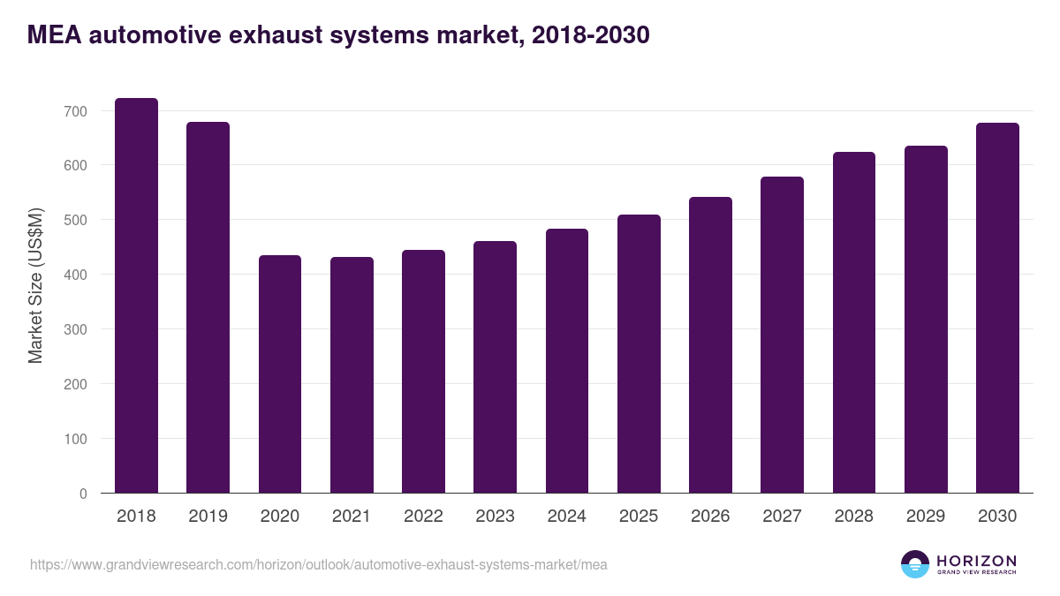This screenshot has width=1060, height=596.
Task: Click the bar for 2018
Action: [x=137, y=296]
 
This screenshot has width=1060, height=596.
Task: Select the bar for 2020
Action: [x=280, y=374]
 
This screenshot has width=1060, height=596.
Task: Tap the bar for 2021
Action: [x=352, y=375]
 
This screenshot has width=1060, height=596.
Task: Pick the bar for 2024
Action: [x=567, y=361]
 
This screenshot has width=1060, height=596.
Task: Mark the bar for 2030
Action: [x=997, y=308]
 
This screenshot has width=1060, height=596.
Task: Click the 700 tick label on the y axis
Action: [x=75, y=111]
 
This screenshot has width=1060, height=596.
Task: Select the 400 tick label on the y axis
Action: [x=75, y=275]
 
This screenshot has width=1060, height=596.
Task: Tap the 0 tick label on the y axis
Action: [x=83, y=494]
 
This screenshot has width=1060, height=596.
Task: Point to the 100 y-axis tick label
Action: [x=75, y=439]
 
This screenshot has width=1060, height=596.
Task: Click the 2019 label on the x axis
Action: [x=208, y=517]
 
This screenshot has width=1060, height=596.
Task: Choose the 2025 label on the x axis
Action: [x=639, y=517]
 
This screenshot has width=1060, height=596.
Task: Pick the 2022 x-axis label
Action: [x=423, y=517]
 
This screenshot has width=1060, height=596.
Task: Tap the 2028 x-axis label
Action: [x=854, y=517]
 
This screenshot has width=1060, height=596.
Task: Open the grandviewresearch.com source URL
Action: [x=319, y=564]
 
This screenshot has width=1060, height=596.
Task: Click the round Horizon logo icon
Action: [x=915, y=564]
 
